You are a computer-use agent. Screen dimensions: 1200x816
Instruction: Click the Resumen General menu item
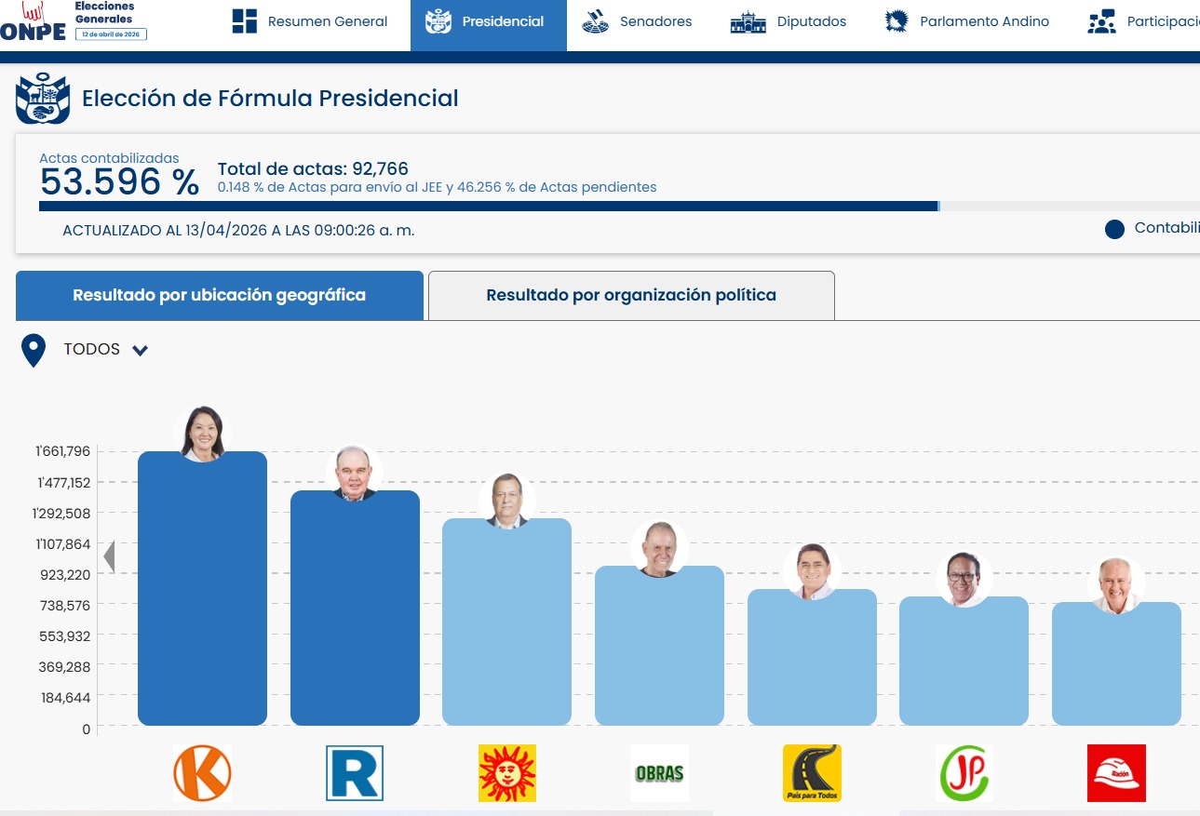310,21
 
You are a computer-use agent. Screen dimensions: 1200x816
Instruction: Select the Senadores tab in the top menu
637,21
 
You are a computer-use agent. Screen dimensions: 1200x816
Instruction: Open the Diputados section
788,21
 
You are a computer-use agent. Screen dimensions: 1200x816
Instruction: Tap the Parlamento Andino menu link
966,21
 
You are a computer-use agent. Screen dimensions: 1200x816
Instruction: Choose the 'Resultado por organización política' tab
631,296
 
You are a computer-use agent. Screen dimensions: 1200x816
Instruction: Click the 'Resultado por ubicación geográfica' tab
219,296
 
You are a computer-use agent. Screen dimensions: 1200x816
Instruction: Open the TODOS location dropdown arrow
141,350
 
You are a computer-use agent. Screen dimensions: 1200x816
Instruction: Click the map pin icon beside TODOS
34,350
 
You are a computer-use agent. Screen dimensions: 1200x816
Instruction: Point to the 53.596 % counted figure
119,181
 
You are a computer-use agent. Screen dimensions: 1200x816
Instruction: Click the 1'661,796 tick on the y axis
63,451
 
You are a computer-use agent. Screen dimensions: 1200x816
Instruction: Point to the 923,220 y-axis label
65,575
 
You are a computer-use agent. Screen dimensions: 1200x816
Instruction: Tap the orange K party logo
203,773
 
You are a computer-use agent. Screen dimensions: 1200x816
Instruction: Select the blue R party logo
355,773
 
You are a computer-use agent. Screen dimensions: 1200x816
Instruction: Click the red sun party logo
506,773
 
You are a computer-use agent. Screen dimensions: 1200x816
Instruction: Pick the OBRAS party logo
659,773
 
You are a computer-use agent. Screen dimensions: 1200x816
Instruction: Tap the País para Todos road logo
812,773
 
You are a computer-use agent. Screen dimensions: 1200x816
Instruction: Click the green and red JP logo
964,773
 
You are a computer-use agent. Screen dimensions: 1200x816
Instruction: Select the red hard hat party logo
1116,773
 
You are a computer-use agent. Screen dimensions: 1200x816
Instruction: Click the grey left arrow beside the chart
109,556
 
